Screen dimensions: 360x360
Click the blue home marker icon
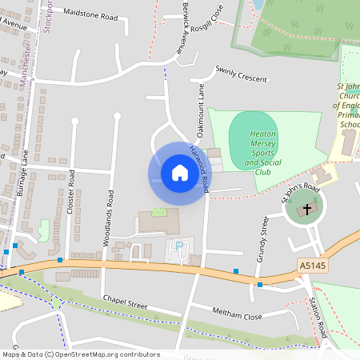180,173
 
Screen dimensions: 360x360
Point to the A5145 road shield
313,265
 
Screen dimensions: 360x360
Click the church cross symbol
306,210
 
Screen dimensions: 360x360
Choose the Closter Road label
71,192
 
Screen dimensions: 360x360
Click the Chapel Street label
126,302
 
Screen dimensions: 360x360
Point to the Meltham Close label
237,313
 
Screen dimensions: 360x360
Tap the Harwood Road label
199,168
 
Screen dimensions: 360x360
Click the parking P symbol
178,246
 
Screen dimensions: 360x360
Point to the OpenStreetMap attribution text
80,354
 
